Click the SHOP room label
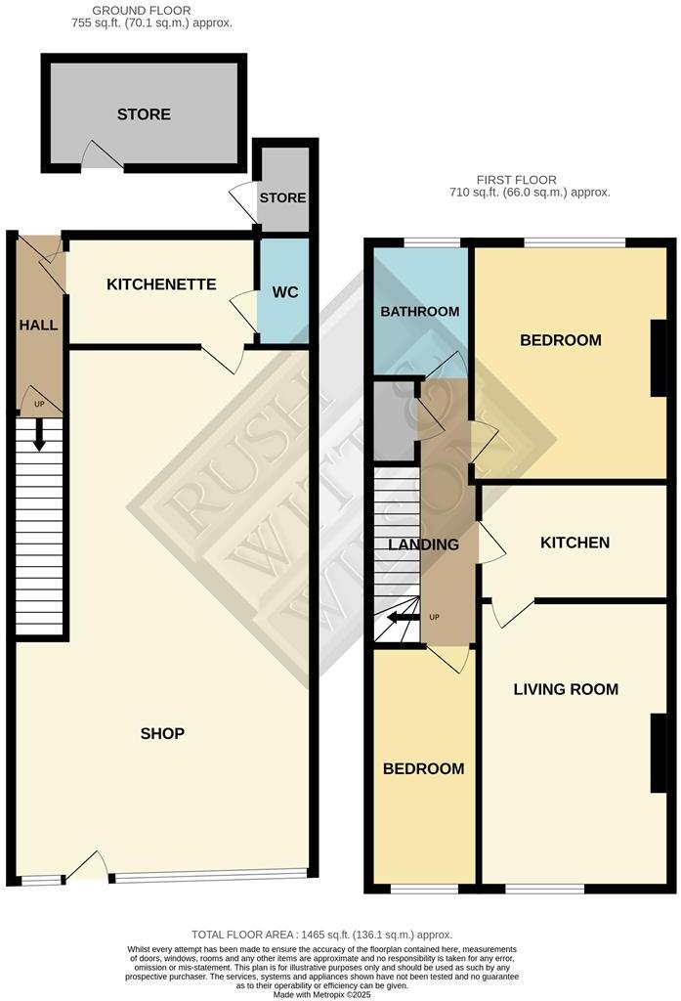pyautogui.click(x=162, y=733)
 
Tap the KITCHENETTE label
pyautogui.click(x=161, y=284)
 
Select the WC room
pyautogui.click(x=284, y=292)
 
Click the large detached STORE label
pyautogui.click(x=144, y=114)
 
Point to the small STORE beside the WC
pyautogui.click(x=282, y=197)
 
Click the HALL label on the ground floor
pyautogui.click(x=38, y=325)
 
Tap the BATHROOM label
pyautogui.click(x=419, y=311)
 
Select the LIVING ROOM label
pyautogui.click(x=566, y=689)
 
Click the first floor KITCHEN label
pyautogui.click(x=575, y=543)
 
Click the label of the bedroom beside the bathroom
pyautogui.click(x=560, y=340)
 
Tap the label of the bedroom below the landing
pyautogui.click(x=423, y=768)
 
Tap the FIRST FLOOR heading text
pyautogui.click(x=516, y=180)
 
